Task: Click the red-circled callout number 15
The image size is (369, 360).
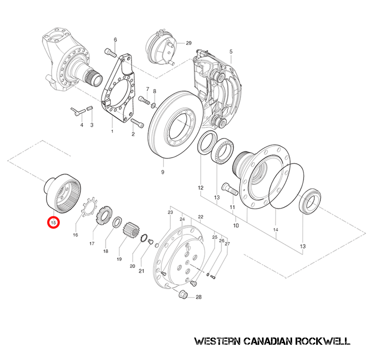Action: pos(53,222)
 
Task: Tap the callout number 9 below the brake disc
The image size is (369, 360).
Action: pos(163,172)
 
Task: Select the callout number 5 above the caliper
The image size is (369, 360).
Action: pos(231,52)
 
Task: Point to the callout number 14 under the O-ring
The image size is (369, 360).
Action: pos(275,229)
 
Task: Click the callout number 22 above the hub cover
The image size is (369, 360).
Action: pos(201,217)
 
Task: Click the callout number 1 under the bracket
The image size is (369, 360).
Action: pos(112,131)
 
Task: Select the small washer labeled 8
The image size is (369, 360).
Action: pos(153,105)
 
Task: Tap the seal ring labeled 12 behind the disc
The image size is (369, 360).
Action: pos(207,144)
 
